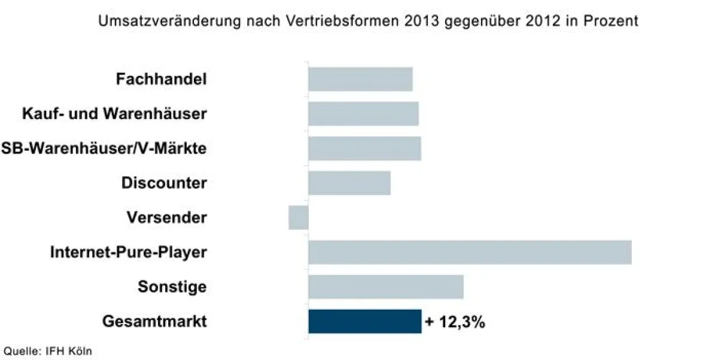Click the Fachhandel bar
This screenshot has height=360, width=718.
click(360, 80)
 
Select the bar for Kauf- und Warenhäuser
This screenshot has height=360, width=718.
click(363, 114)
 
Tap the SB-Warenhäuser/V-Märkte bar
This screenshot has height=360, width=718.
click(364, 148)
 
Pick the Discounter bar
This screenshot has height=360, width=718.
click(349, 183)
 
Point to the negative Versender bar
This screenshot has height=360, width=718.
click(299, 218)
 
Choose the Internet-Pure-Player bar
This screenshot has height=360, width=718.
click(470, 252)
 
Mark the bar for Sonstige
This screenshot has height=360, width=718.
click(386, 286)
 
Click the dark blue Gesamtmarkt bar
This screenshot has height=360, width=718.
click(365, 321)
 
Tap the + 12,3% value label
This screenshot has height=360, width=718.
click(455, 322)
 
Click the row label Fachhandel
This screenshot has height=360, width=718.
click(162, 80)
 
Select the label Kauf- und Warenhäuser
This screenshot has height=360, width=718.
click(114, 114)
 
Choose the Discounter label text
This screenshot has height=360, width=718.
click(164, 183)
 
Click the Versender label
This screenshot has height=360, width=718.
click(166, 218)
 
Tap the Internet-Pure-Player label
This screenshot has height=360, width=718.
click(129, 252)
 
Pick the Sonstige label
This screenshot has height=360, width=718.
click(172, 287)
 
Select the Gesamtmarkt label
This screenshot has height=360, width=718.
click(154, 322)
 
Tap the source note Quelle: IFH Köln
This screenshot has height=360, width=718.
click(48, 351)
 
